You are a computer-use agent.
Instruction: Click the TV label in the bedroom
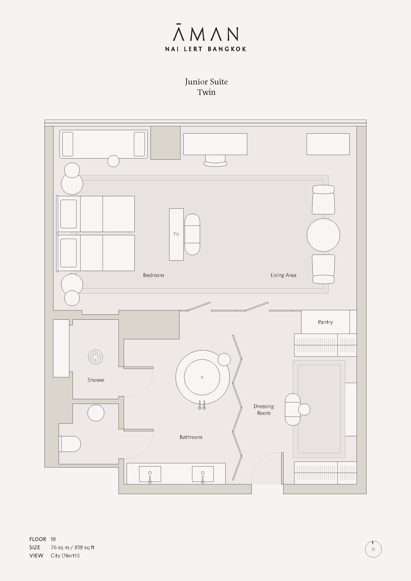coord(176,234)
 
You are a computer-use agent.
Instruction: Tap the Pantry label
coord(325,322)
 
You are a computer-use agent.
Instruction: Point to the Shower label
coord(96,380)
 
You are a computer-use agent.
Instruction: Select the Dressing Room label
coord(264,409)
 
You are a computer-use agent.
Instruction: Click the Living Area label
coord(284,275)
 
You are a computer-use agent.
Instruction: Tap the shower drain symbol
coord(95,357)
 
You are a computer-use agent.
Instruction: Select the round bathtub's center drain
coord(202,377)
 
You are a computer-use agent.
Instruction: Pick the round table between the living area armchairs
coord(324,235)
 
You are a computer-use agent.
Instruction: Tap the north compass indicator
coord(373,549)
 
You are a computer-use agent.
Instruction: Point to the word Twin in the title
coord(206,92)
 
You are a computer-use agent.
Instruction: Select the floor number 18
coord(53,539)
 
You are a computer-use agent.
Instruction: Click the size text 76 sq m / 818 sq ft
coord(72,547)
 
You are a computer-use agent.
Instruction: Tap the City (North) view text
coord(65,555)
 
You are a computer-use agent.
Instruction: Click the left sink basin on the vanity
coord(150,474)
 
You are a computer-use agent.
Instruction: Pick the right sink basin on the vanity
coord(203,474)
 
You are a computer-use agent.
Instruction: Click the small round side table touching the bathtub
coord(224,359)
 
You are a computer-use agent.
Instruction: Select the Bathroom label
coord(191,437)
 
